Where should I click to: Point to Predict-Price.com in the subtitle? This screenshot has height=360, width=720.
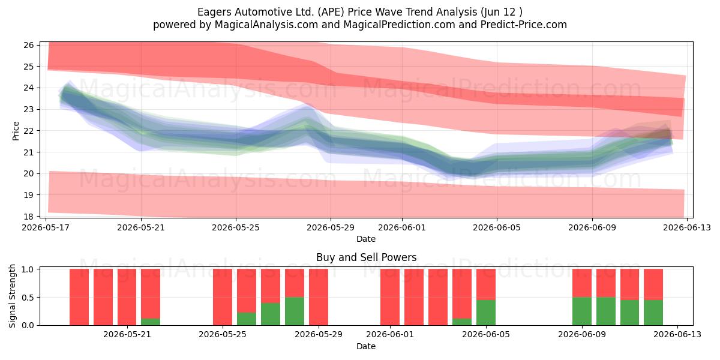(524, 25)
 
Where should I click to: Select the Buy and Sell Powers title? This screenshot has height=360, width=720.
(366, 257)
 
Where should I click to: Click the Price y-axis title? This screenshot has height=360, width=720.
(16, 131)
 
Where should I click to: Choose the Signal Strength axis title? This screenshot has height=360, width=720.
(12, 296)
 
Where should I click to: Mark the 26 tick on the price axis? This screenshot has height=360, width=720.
(29, 45)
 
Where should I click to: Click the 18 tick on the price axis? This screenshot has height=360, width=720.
(29, 217)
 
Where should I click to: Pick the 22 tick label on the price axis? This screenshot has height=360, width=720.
(29, 131)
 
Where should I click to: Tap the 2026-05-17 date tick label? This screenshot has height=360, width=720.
(46, 227)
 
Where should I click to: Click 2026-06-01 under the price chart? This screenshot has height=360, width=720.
(402, 227)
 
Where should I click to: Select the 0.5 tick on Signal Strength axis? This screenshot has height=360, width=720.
(28, 298)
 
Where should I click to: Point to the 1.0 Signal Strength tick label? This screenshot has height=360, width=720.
(28, 269)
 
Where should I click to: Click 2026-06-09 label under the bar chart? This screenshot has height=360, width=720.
(582, 335)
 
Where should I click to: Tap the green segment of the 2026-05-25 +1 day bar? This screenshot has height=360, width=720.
(247, 319)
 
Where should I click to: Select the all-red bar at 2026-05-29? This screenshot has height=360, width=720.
(319, 297)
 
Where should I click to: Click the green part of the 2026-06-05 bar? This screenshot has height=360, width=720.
(486, 313)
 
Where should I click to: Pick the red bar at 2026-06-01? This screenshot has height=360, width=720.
(390, 297)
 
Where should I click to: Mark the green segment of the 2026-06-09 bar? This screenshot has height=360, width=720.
(582, 311)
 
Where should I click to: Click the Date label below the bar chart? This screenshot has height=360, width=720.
(366, 346)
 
